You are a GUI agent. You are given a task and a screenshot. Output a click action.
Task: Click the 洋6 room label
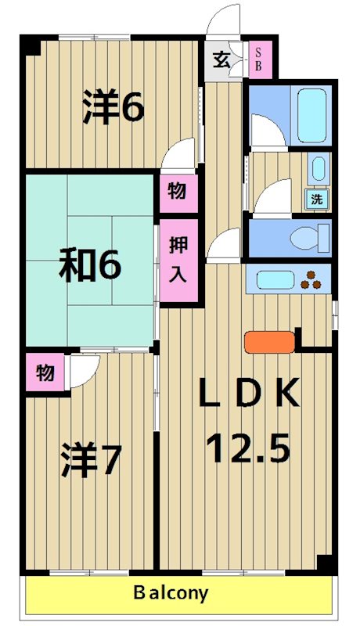114,107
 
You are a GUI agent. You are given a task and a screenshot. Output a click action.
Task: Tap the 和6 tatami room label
91,266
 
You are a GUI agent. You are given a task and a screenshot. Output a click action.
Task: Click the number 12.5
248,448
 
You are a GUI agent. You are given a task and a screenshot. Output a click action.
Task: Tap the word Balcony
170,592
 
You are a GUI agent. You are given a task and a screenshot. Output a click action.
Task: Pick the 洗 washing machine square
317,199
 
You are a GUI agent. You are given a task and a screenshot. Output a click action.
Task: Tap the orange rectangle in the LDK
269,341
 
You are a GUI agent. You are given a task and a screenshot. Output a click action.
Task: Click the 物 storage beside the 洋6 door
177,191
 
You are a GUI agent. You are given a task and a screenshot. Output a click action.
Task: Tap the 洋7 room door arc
84,372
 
